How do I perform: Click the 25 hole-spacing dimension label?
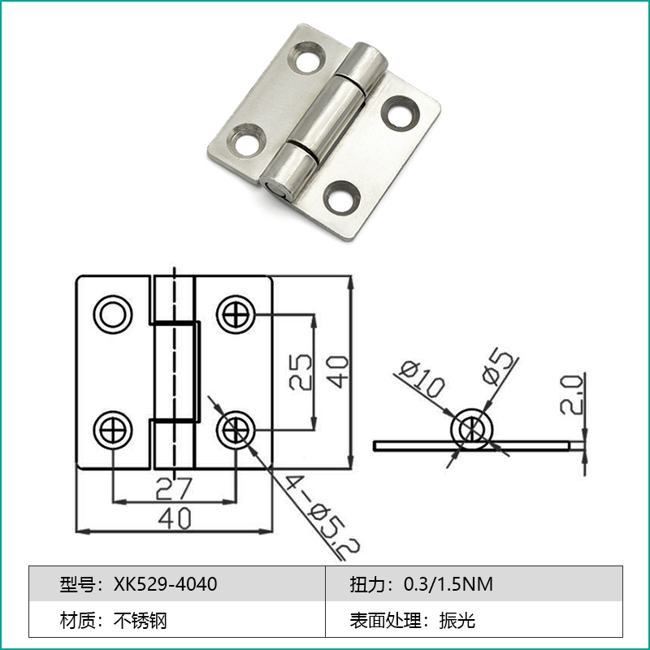tap(300, 372)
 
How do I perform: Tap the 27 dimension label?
tap(174, 488)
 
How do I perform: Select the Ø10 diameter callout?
tap(422, 379)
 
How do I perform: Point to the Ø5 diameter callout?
tap(498, 367)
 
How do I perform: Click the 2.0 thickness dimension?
tap(571, 394)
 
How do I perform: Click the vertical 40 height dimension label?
tap(337, 372)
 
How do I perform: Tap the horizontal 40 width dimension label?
tap(174, 518)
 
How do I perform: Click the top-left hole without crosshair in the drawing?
tap(113, 314)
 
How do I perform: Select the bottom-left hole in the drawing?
tap(113, 431)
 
